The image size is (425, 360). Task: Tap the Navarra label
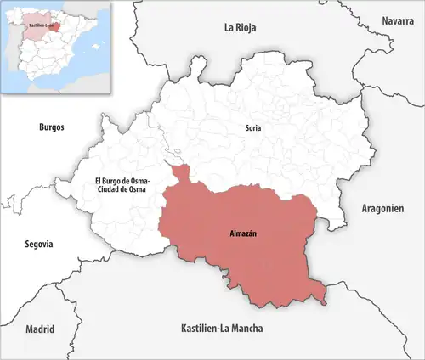click(x=398, y=20)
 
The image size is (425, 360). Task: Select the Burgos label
click(x=52, y=127)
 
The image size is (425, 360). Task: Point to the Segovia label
click(x=38, y=244)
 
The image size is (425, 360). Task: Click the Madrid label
click(x=40, y=329)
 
